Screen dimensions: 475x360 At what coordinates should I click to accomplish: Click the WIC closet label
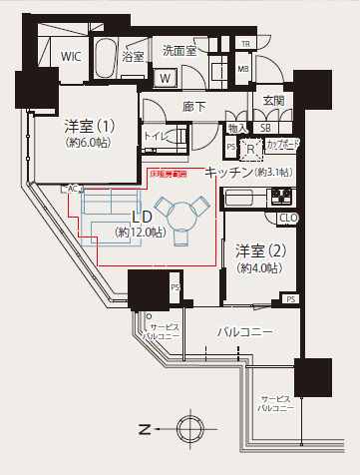click(x=70, y=56)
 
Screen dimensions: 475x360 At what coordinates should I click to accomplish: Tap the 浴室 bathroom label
click(x=133, y=56)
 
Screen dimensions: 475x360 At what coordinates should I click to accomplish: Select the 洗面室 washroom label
click(x=180, y=49)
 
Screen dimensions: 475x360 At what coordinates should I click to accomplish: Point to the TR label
click(x=243, y=44)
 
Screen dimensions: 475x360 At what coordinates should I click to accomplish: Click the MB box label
click(x=242, y=68)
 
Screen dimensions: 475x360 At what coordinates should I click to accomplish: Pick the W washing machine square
click(x=167, y=78)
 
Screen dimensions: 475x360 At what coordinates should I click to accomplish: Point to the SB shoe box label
click(x=265, y=128)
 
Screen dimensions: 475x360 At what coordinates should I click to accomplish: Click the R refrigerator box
click(x=251, y=148)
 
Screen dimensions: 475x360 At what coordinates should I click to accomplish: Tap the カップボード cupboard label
click(x=283, y=144)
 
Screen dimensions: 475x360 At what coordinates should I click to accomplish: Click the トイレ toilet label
click(x=155, y=135)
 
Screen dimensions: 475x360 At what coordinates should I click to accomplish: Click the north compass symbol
click(x=188, y=430)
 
